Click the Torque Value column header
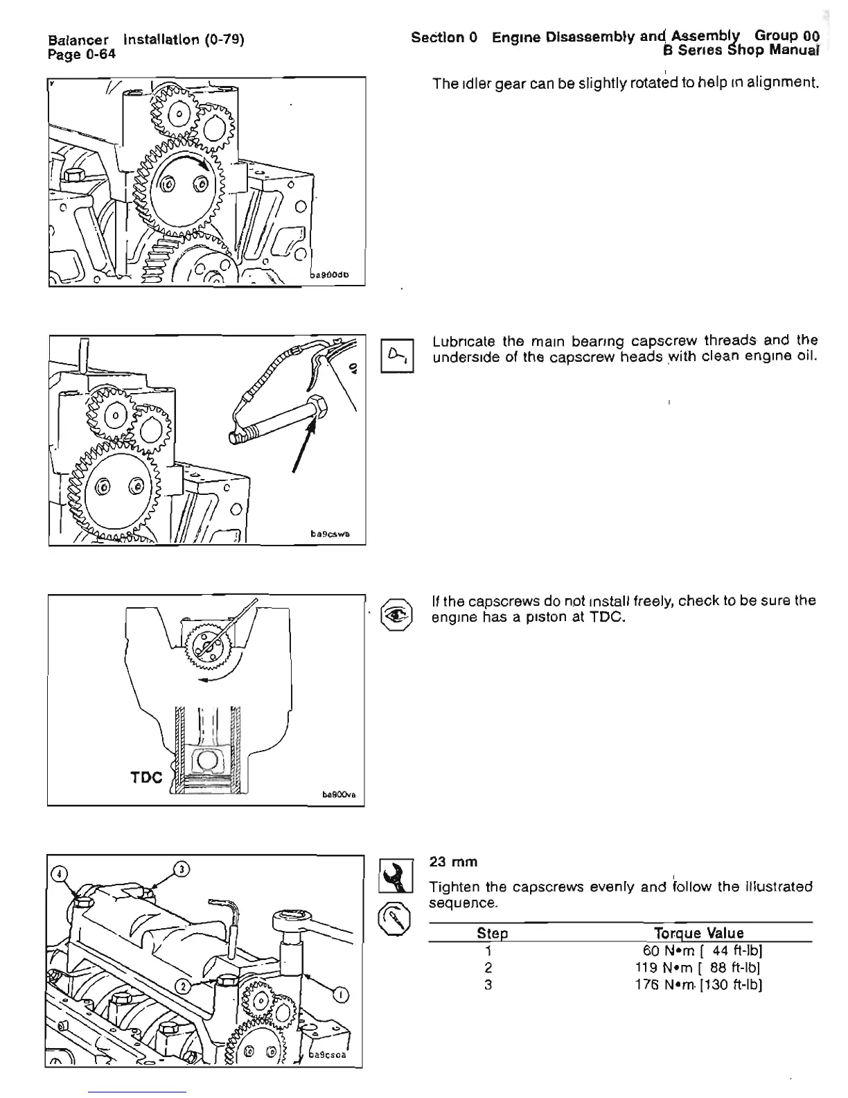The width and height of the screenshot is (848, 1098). pos(698,933)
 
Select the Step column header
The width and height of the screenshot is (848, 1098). pos(493,934)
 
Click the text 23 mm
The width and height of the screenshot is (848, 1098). pos(454,862)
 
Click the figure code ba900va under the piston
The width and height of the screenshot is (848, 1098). pos(339,796)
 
